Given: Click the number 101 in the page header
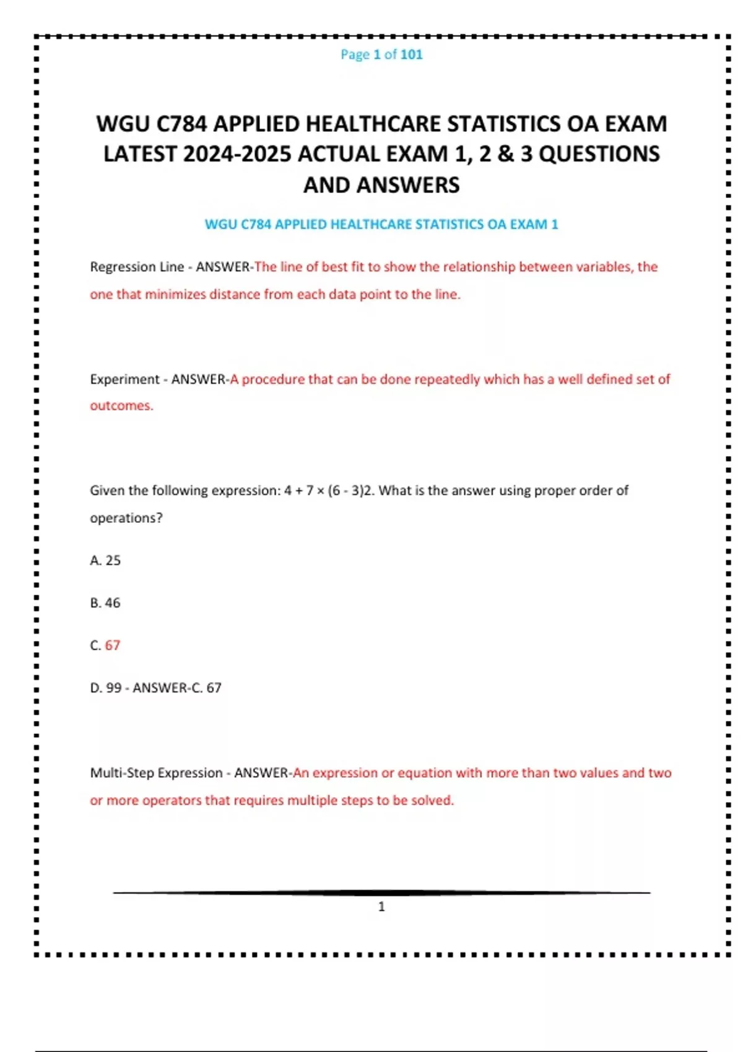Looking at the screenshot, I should (x=411, y=54).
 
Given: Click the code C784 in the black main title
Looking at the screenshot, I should (x=181, y=124).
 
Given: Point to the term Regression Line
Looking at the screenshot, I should (x=137, y=267).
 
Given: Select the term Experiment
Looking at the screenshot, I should (x=124, y=379).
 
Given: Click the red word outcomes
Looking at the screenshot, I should (x=120, y=406).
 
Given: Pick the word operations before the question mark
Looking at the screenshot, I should (x=124, y=518).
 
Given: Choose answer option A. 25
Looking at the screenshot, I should (x=105, y=561).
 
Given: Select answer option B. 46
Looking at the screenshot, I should (x=105, y=603).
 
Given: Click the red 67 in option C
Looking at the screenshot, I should (x=112, y=645).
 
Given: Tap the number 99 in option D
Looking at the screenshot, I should (x=114, y=688).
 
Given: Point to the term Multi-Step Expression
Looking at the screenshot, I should (x=156, y=774).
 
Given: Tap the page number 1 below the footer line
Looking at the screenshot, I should (x=381, y=907).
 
